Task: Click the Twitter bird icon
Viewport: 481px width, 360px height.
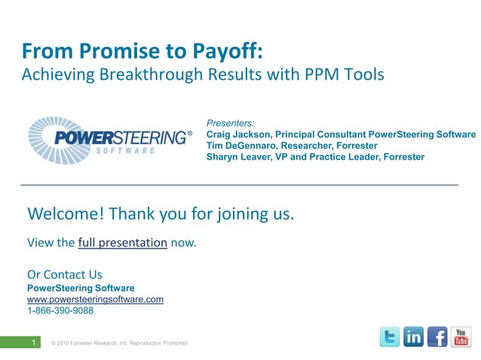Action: pyautogui.click(x=389, y=337)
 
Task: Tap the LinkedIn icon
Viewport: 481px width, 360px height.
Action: pyautogui.click(x=413, y=337)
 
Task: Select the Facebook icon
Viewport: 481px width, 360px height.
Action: pyautogui.click(x=437, y=337)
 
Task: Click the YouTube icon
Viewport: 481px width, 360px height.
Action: pyautogui.click(x=461, y=337)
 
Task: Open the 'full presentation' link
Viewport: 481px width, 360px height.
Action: pyautogui.click(x=122, y=243)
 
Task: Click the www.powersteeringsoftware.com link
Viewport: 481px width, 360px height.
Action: pyautogui.click(x=95, y=299)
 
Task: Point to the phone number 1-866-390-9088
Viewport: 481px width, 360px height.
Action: pyautogui.click(x=60, y=310)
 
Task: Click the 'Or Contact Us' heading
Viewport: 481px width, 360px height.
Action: pyautogui.click(x=64, y=274)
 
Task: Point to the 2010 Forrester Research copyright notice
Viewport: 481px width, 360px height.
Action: pyautogui.click(x=118, y=343)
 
